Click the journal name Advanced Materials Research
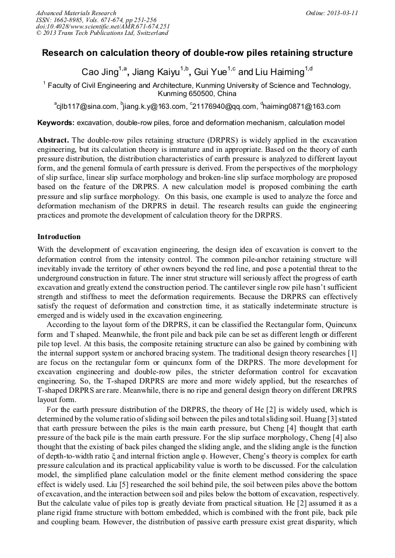[76, 13]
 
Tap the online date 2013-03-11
[340, 13]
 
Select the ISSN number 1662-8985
[71, 20]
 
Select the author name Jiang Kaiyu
[155, 72]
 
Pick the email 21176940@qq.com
[224, 106]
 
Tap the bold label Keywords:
[56, 123]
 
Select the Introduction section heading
[59, 237]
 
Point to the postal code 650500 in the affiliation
[203, 93]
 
